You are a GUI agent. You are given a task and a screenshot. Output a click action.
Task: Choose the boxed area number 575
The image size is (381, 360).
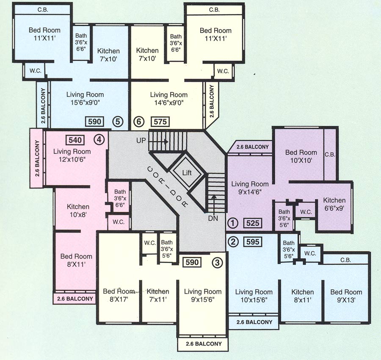point(160,122)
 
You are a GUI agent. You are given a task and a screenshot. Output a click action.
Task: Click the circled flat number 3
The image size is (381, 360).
point(217,262)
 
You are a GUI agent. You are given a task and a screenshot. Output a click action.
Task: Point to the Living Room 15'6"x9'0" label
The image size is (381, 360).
point(85,98)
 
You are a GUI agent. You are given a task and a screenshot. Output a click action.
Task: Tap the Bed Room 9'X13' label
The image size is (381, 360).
point(346,296)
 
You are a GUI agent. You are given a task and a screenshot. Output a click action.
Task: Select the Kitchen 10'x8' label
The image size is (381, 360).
point(78,210)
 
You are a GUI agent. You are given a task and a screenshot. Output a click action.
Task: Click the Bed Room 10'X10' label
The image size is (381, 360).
point(301,156)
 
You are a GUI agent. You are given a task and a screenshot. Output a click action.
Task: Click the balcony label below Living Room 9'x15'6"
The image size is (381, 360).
point(203,344)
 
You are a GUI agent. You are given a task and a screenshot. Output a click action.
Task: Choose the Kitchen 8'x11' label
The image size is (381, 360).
point(302,296)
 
